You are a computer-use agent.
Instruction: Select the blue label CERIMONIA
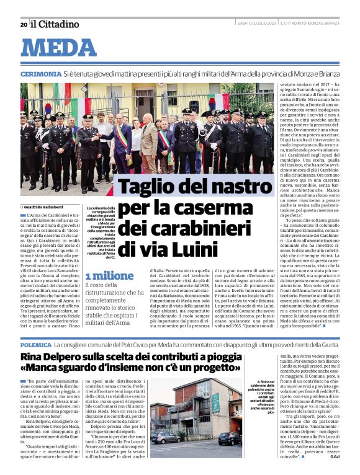(40, 74)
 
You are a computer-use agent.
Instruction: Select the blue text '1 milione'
(109, 276)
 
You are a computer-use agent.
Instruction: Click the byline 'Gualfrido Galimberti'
(47, 206)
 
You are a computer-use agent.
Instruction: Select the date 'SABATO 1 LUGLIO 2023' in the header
(257, 24)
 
